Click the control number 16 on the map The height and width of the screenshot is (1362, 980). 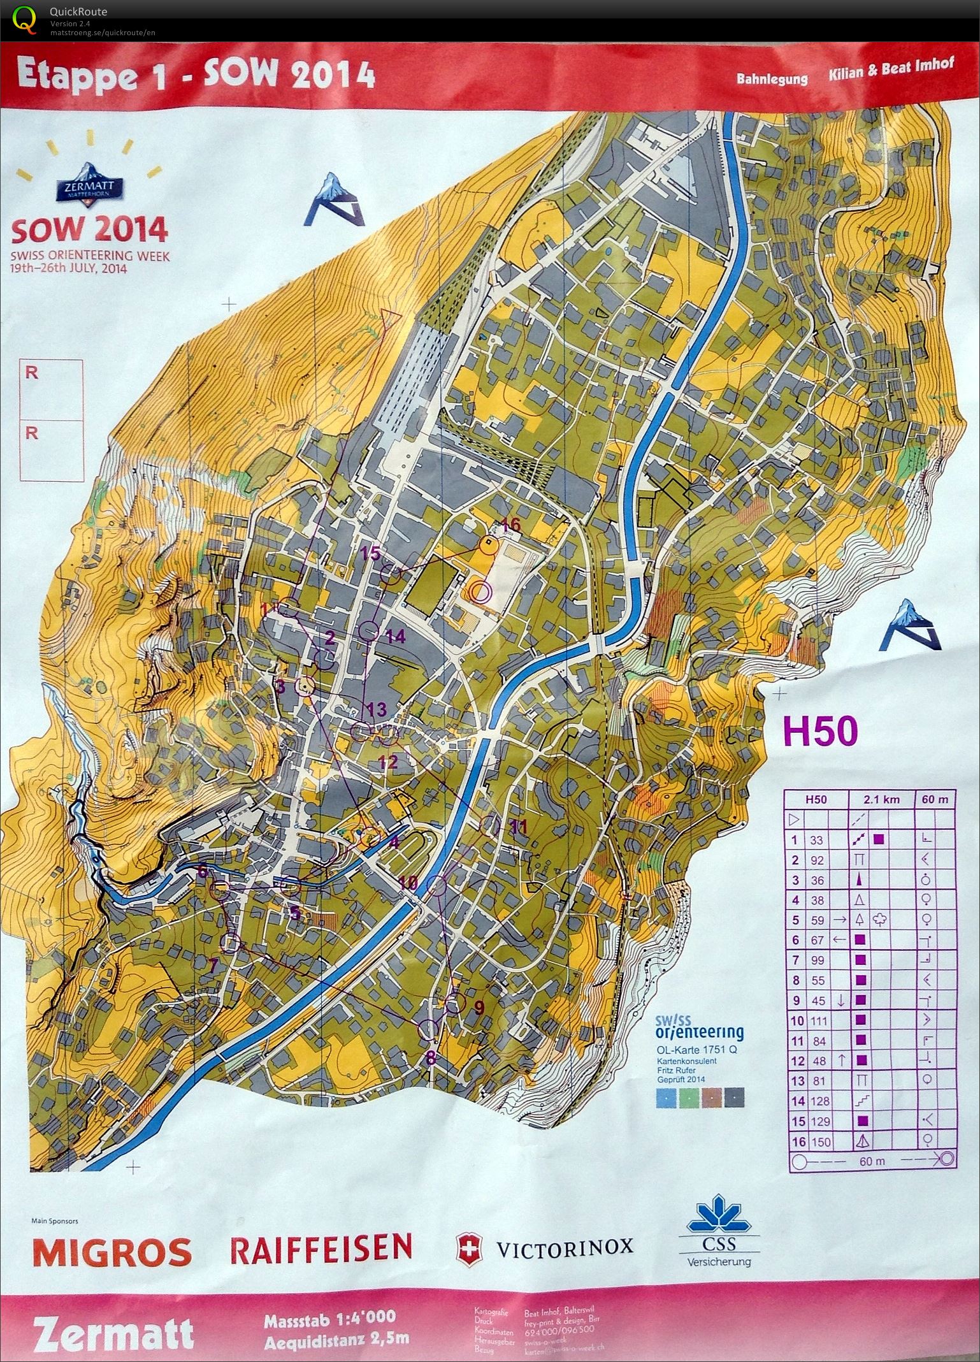click(x=511, y=526)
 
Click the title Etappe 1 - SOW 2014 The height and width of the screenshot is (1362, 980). click(x=194, y=75)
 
